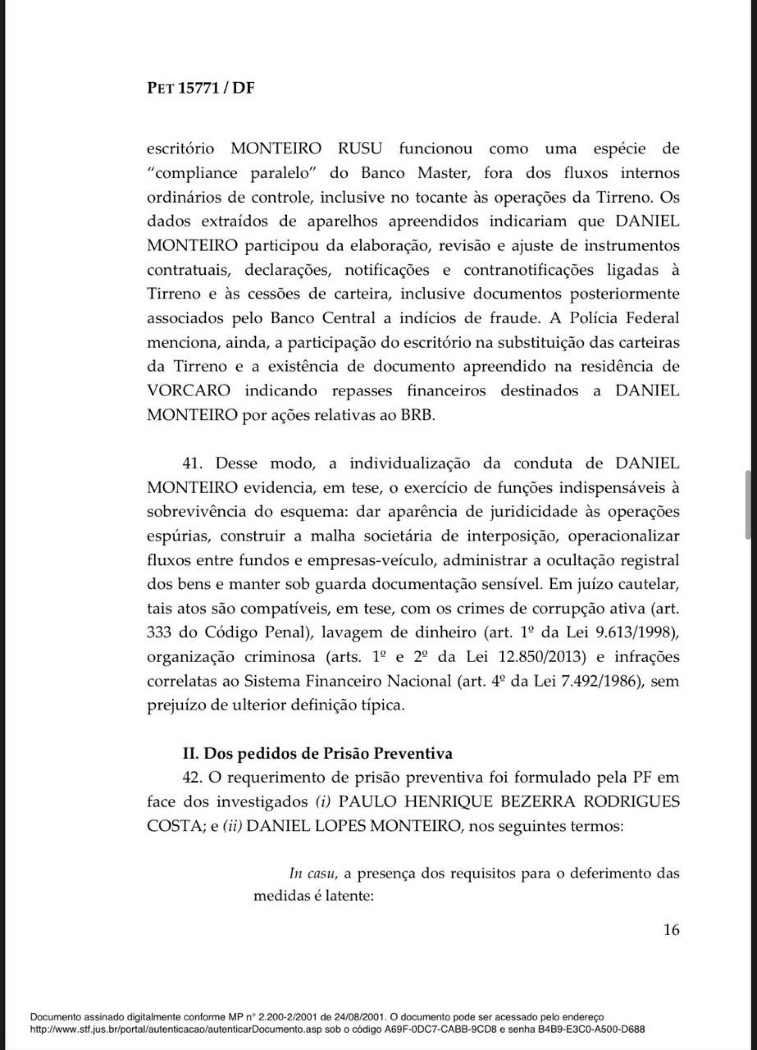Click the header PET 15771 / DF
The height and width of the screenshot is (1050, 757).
[x=200, y=89]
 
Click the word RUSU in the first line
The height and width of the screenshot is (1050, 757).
[x=359, y=149]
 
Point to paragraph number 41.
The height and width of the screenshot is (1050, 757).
[x=195, y=463]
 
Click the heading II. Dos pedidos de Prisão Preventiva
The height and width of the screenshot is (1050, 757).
[x=317, y=753]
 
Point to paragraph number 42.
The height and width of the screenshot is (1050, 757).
[x=192, y=777]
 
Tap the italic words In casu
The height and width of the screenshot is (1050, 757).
[x=313, y=874]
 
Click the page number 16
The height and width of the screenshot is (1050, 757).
[x=671, y=930]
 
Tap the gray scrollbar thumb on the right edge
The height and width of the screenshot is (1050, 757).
[x=748, y=505]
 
